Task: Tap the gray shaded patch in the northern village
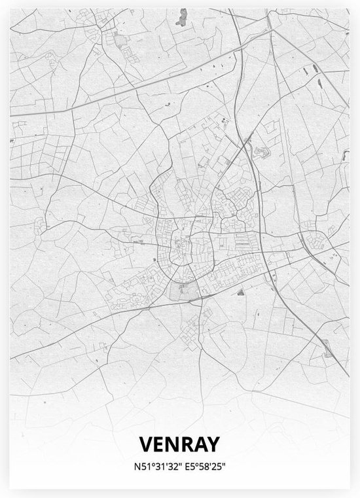121,43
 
